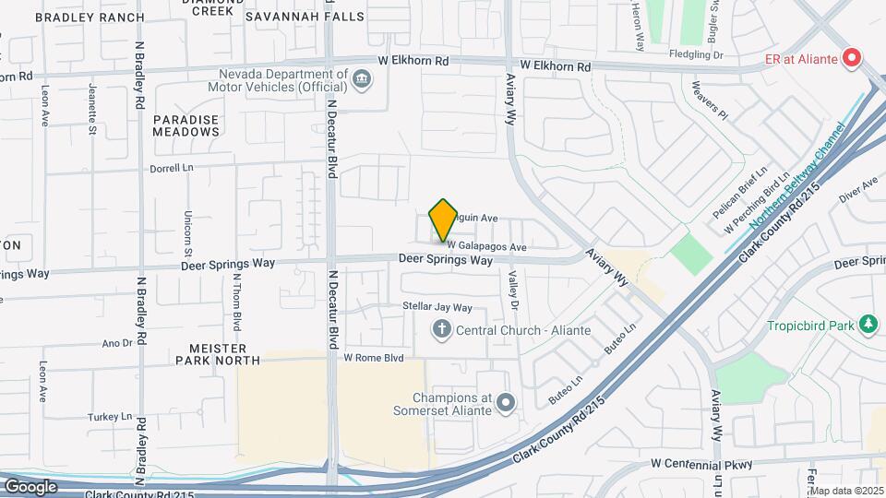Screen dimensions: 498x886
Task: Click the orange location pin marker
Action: point(443,219)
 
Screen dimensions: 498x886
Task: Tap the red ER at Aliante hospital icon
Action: point(852,59)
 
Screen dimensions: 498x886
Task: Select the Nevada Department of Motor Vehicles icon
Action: point(363,79)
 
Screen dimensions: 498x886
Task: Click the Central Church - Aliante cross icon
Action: point(442,327)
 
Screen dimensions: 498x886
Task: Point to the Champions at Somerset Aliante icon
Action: point(505,402)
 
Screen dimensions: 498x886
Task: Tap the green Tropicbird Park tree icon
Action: point(868,325)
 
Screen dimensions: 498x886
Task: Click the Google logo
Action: point(30,486)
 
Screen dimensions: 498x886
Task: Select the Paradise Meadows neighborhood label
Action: point(186,125)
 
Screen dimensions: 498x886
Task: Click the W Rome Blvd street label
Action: point(374,357)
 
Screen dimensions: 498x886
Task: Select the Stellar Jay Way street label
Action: point(437,306)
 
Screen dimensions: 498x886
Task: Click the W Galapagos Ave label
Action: point(486,247)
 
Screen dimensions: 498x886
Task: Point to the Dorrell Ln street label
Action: point(173,169)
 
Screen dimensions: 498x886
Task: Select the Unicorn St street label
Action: point(187,232)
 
